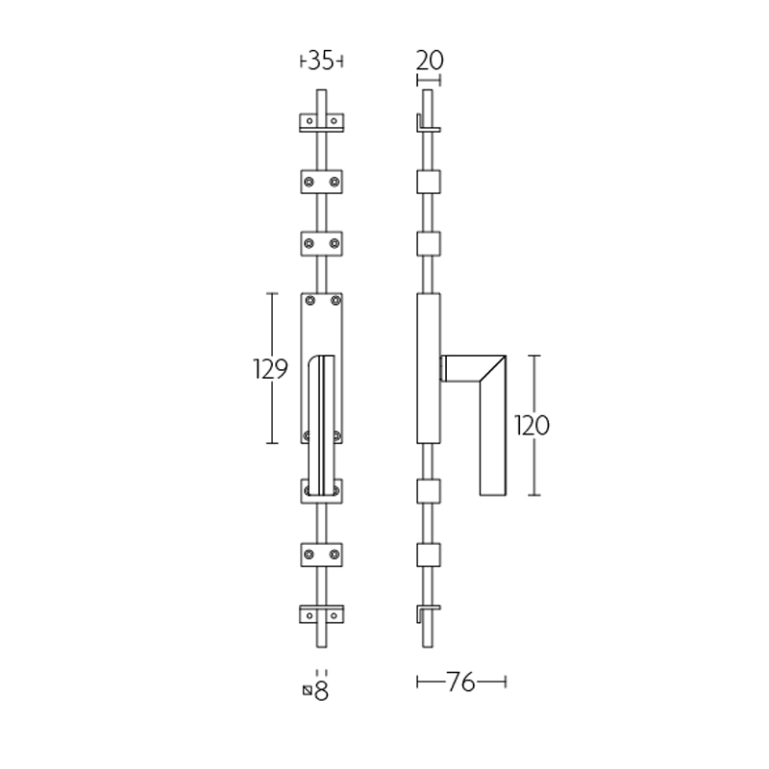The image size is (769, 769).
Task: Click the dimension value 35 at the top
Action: click(x=321, y=61)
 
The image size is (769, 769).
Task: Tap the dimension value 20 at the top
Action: click(x=429, y=60)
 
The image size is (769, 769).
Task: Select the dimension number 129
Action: click(x=270, y=369)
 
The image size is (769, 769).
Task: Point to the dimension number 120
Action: click(x=532, y=425)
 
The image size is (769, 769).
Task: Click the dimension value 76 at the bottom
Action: click(x=461, y=682)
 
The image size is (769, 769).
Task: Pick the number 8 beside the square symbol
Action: click(x=322, y=691)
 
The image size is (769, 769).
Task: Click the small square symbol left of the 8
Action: click(x=307, y=689)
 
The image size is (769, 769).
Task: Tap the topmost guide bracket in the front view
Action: click(x=321, y=122)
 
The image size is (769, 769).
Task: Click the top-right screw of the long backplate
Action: click(x=335, y=302)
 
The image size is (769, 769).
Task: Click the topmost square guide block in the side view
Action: click(x=428, y=182)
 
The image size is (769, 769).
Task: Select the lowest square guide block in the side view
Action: click(x=428, y=555)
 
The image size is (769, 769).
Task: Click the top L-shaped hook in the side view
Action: click(x=426, y=126)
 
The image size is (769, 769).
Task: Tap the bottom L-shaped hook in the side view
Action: click(x=427, y=611)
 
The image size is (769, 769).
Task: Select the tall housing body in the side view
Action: click(x=428, y=369)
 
